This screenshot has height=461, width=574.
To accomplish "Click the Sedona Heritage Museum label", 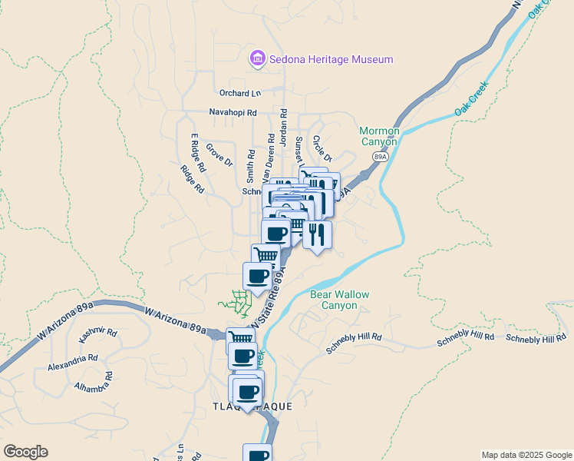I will (x=331, y=59).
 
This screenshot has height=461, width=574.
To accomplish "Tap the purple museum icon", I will (x=257, y=59).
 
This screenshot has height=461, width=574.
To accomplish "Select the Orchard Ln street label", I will (x=240, y=93).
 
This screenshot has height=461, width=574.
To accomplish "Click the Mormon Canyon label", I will (x=379, y=136).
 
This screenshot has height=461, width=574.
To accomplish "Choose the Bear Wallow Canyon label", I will (x=339, y=300).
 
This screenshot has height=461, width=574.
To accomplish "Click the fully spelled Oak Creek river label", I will (x=471, y=101).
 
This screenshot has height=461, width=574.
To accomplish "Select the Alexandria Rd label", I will (x=72, y=358).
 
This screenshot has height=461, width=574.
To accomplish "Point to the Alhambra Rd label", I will (x=94, y=382).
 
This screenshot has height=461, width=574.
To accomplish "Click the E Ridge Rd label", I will (x=199, y=152).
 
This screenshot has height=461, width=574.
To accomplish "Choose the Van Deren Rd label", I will (x=270, y=154).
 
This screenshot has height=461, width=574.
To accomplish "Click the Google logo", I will (x=25, y=452).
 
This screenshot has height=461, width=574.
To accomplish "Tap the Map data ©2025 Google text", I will (x=526, y=455).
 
